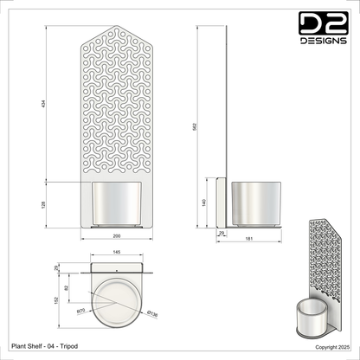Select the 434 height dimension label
pyautogui.click(x=68, y=104)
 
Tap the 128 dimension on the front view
pyautogui.click(x=68, y=204)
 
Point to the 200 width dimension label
pyautogui.click(x=117, y=236)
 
